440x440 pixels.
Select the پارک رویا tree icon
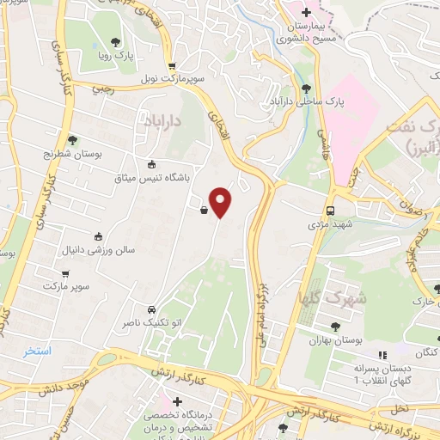pyautogui.click(x=116, y=41)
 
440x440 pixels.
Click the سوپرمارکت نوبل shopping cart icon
pyautogui.click(x=172, y=64)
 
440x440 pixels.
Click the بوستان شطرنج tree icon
pyautogui.click(x=72, y=139)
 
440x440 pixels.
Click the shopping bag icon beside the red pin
pyautogui.click(x=204, y=209)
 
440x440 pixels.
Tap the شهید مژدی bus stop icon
pyautogui.click(x=330, y=210)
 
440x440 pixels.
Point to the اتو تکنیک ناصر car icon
pyautogui.click(x=151, y=309)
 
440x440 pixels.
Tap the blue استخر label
pyautogui.click(x=39, y=351)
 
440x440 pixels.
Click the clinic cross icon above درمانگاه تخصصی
pyautogui.click(x=178, y=401)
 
